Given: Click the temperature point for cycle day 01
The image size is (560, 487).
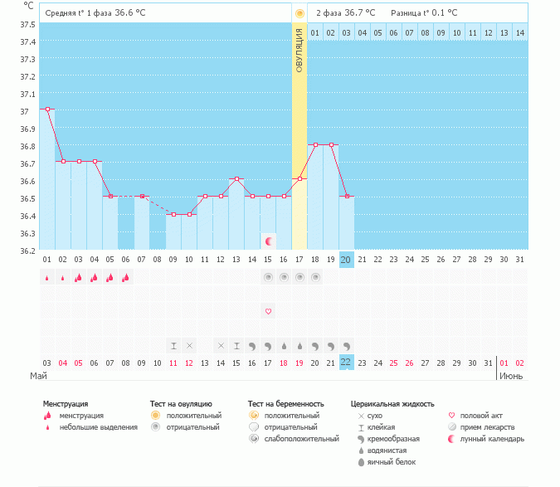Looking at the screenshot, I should (x=47, y=109).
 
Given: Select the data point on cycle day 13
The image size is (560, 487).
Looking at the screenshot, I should (x=236, y=178).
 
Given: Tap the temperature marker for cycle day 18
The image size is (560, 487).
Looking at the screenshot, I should (x=315, y=144).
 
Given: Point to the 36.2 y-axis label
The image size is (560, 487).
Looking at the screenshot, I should (x=27, y=251).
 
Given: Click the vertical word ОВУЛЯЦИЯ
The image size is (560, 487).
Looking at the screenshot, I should (x=299, y=49).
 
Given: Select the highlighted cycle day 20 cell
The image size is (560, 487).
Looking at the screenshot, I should (x=347, y=260).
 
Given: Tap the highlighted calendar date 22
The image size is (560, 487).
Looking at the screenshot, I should (x=347, y=363).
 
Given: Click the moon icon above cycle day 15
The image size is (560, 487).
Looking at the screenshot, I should (x=268, y=241).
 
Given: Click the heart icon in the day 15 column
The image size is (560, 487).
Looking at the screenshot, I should (x=268, y=311).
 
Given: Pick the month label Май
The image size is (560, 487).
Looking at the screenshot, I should (x=38, y=376).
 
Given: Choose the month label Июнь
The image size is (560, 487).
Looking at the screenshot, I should (x=511, y=376).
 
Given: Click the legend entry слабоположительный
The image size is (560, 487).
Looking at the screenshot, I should (x=303, y=438).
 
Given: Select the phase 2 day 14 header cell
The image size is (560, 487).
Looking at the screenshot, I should (x=520, y=32).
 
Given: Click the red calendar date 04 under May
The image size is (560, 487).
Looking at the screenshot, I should (x=63, y=363).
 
